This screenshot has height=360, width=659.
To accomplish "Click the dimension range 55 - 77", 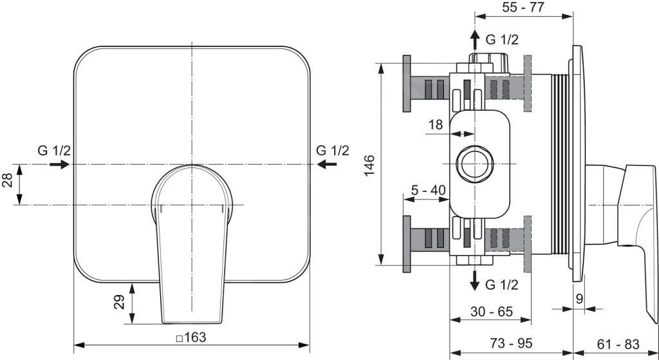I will (x=523, y=8).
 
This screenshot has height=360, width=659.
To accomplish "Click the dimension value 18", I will (x=436, y=124).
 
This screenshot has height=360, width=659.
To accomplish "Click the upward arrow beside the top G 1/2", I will (x=474, y=39).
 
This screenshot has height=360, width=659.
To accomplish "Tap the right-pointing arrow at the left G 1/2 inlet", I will (x=59, y=165).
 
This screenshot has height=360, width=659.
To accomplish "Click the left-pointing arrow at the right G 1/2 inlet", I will (x=328, y=165).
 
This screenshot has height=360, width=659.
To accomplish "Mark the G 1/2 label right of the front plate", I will (x=332, y=151).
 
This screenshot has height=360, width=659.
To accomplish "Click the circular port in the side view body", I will (x=474, y=165).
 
